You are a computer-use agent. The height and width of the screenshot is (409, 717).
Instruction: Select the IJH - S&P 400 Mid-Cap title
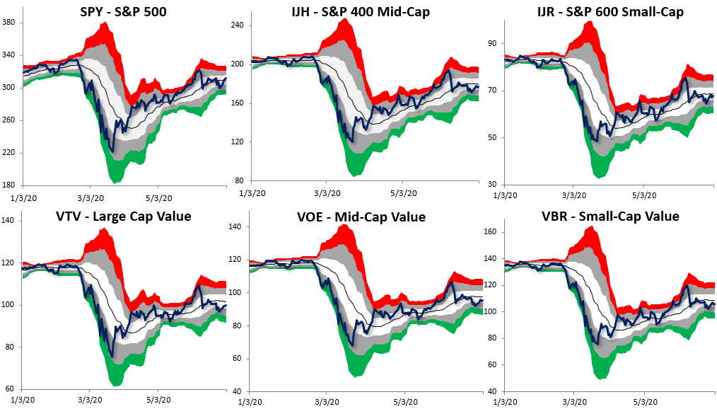pyautogui.click(x=360, y=12)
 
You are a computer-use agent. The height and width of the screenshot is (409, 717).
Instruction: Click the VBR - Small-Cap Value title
pyautogui.click(x=610, y=217)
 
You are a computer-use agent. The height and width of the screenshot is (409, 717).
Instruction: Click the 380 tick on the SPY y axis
pyautogui.click(x=11, y=23)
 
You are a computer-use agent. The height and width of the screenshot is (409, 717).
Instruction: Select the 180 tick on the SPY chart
pyautogui.click(x=11, y=185)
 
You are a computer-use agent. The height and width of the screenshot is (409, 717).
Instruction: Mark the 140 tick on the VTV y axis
pyautogui.click(x=11, y=221)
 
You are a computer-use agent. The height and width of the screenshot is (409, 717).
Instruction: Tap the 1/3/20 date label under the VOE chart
pyautogui.click(x=252, y=402)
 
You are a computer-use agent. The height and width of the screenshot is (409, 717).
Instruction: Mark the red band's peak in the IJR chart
pyautogui.click(x=588, y=22)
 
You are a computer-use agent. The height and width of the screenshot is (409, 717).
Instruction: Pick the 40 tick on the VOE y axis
pyautogui.click(x=240, y=391)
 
